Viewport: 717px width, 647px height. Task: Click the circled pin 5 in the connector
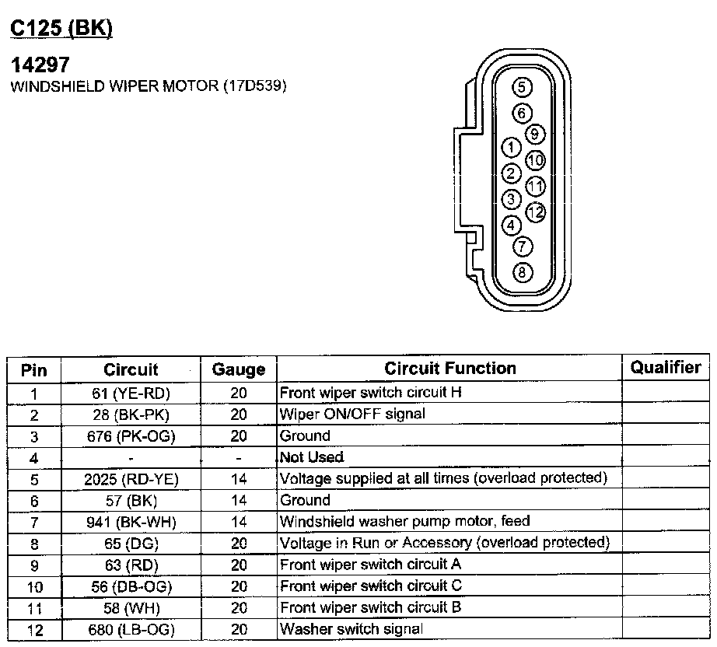tap(522, 87)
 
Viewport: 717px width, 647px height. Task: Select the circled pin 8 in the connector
tap(523, 272)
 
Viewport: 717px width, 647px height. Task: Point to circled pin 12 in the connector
tap(536, 212)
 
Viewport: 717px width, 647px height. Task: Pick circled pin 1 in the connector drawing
tap(511, 147)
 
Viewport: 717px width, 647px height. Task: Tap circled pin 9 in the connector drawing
tap(534, 134)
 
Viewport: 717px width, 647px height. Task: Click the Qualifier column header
tap(665, 368)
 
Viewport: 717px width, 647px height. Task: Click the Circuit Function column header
tap(449, 369)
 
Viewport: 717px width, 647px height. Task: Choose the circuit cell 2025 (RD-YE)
tap(131, 479)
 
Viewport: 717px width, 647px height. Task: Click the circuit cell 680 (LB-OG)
tap(131, 629)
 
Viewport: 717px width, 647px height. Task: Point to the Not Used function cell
tap(311, 457)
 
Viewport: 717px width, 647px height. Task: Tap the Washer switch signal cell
tap(351, 629)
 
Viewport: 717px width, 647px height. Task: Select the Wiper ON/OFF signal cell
tap(352, 414)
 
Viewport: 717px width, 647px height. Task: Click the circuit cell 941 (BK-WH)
tap(131, 522)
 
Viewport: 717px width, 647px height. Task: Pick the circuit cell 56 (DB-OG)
tap(131, 586)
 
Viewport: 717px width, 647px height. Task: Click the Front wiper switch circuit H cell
tap(370, 393)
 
